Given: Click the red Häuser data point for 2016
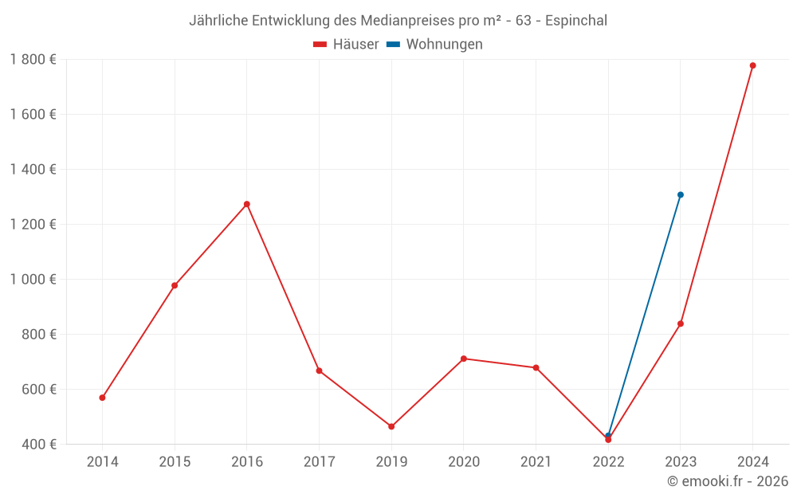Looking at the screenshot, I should tap(247, 204).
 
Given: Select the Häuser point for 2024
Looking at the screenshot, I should tap(752, 65).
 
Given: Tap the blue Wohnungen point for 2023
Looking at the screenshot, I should tap(681, 194).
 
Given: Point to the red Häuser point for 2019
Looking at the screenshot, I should tap(391, 426).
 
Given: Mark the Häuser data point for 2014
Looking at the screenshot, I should tap(102, 398).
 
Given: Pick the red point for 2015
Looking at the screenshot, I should tap(175, 285).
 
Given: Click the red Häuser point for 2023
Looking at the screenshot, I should tap(681, 324).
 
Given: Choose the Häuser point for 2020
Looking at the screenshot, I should tap(464, 359).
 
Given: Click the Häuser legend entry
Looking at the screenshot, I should tap(347, 45).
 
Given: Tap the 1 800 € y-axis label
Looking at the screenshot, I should tap(33, 59).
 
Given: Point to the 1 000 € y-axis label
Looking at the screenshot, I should tap(33, 279).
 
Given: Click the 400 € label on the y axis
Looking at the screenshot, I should tap(39, 444).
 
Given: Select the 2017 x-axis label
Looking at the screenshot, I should tap(319, 461).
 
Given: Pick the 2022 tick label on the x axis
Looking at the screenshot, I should tap(608, 461).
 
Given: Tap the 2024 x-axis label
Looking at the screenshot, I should tap(752, 461).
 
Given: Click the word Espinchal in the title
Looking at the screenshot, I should tap(574, 21).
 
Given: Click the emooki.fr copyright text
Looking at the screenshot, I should tap(727, 481).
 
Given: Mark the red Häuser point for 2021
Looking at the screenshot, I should tap(536, 367).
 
